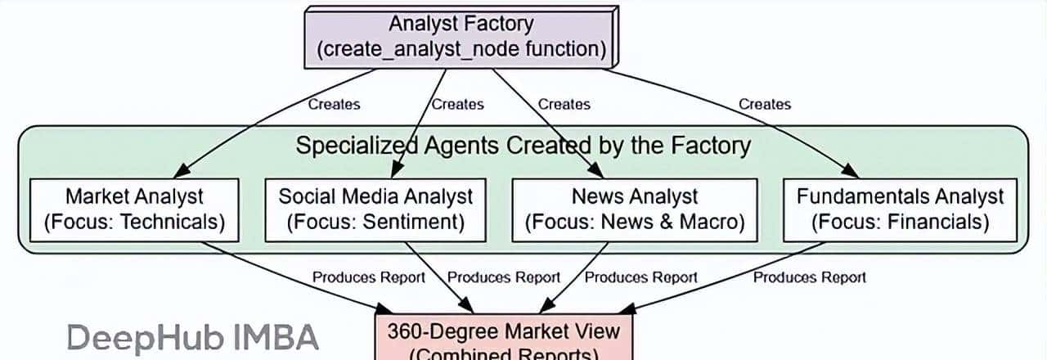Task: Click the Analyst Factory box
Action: pyautogui.click(x=461, y=37)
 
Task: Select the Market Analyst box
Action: pyautogui.click(x=134, y=209)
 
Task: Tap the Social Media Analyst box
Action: pyautogui.click(x=375, y=209)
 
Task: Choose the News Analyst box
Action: pyautogui.click(x=634, y=209)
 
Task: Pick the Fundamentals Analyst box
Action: pyautogui.click(x=899, y=209)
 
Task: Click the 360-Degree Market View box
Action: pyautogui.click(x=503, y=340)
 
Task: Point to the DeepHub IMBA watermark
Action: pyautogui.click(x=192, y=338)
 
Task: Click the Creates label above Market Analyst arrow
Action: pyautogui.click(x=334, y=104)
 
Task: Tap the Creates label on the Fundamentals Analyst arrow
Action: pyautogui.click(x=765, y=104)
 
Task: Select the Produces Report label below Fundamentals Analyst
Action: pyautogui.click(x=809, y=277)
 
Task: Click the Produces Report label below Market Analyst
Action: pyautogui.click(x=369, y=277)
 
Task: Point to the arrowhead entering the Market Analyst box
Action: pyautogui.click(x=182, y=172)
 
